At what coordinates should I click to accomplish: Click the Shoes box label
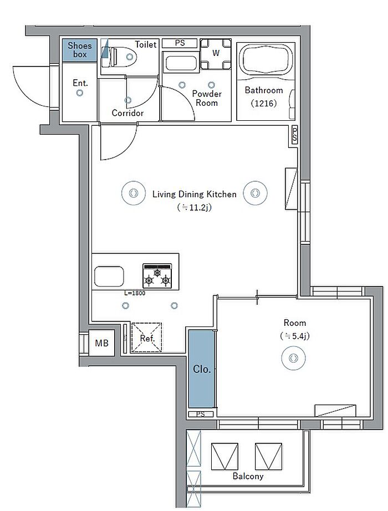[x=80, y=50]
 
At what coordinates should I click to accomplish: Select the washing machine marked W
[x=216, y=54]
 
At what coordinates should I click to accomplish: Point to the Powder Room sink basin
[x=180, y=63]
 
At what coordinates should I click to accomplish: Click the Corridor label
[x=127, y=113]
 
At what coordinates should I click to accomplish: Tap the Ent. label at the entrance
[x=80, y=83]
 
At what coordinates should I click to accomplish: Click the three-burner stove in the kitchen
[x=157, y=275]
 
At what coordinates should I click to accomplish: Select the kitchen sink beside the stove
[x=109, y=277]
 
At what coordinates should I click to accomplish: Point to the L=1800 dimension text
[x=135, y=293]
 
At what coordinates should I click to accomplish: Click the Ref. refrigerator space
[x=147, y=338]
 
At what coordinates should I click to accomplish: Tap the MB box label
[x=102, y=343]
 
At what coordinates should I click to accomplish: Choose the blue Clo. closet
[x=202, y=369]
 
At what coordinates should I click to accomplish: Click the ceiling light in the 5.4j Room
[x=293, y=358]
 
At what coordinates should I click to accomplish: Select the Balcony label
[x=248, y=476]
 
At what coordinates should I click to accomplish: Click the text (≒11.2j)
[x=195, y=207]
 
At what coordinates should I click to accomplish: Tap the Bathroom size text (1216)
[x=264, y=103]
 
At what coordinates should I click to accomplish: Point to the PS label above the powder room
[x=180, y=43]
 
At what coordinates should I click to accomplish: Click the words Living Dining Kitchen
[x=195, y=194]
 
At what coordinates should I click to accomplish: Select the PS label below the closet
[x=201, y=414]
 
